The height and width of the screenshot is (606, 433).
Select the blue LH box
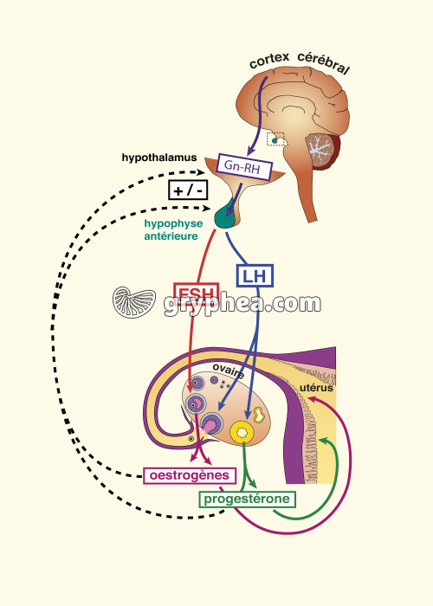click(x=255, y=276)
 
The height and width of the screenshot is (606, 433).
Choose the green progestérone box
click(x=247, y=499)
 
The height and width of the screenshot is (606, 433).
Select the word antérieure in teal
click(x=171, y=236)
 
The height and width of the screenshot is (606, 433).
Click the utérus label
click(x=316, y=388)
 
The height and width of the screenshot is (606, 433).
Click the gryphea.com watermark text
click(x=242, y=304)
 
